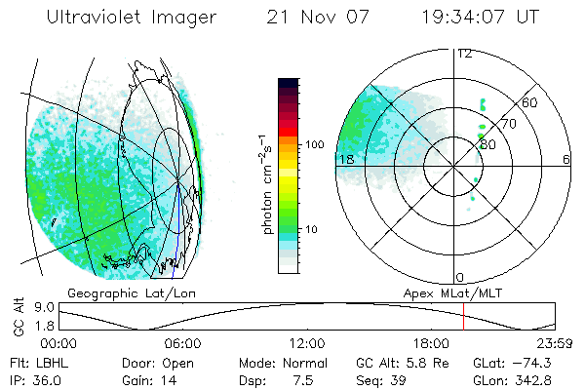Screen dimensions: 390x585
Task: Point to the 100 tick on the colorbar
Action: coord(313,144)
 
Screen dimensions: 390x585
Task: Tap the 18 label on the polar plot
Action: coord(344,159)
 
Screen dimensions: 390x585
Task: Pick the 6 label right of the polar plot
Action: coord(566,159)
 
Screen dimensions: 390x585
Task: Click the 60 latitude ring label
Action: coord(530,102)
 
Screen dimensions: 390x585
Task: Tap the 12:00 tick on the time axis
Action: coord(307,343)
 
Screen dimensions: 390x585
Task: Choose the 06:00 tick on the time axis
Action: coord(182,343)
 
